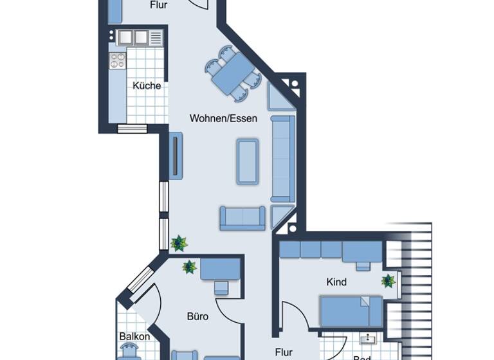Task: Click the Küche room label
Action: coord(147,85)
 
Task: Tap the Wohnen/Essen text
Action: coord(223,118)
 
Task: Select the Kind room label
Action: coord(336,282)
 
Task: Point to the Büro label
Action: coord(197,316)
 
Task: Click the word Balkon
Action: coord(134,336)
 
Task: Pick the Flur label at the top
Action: coord(159,5)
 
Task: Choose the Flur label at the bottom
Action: coord(284,352)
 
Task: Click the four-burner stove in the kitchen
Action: coord(117,61)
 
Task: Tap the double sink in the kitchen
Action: coord(133,37)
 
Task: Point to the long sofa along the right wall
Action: coord(282,158)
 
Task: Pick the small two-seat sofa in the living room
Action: coord(242,218)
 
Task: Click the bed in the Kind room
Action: coord(351,310)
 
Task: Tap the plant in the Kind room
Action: coord(388,281)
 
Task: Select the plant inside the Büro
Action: coord(189,266)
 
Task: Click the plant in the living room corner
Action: coord(178,243)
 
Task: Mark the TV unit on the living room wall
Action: coord(176,156)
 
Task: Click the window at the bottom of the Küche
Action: coord(132,128)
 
